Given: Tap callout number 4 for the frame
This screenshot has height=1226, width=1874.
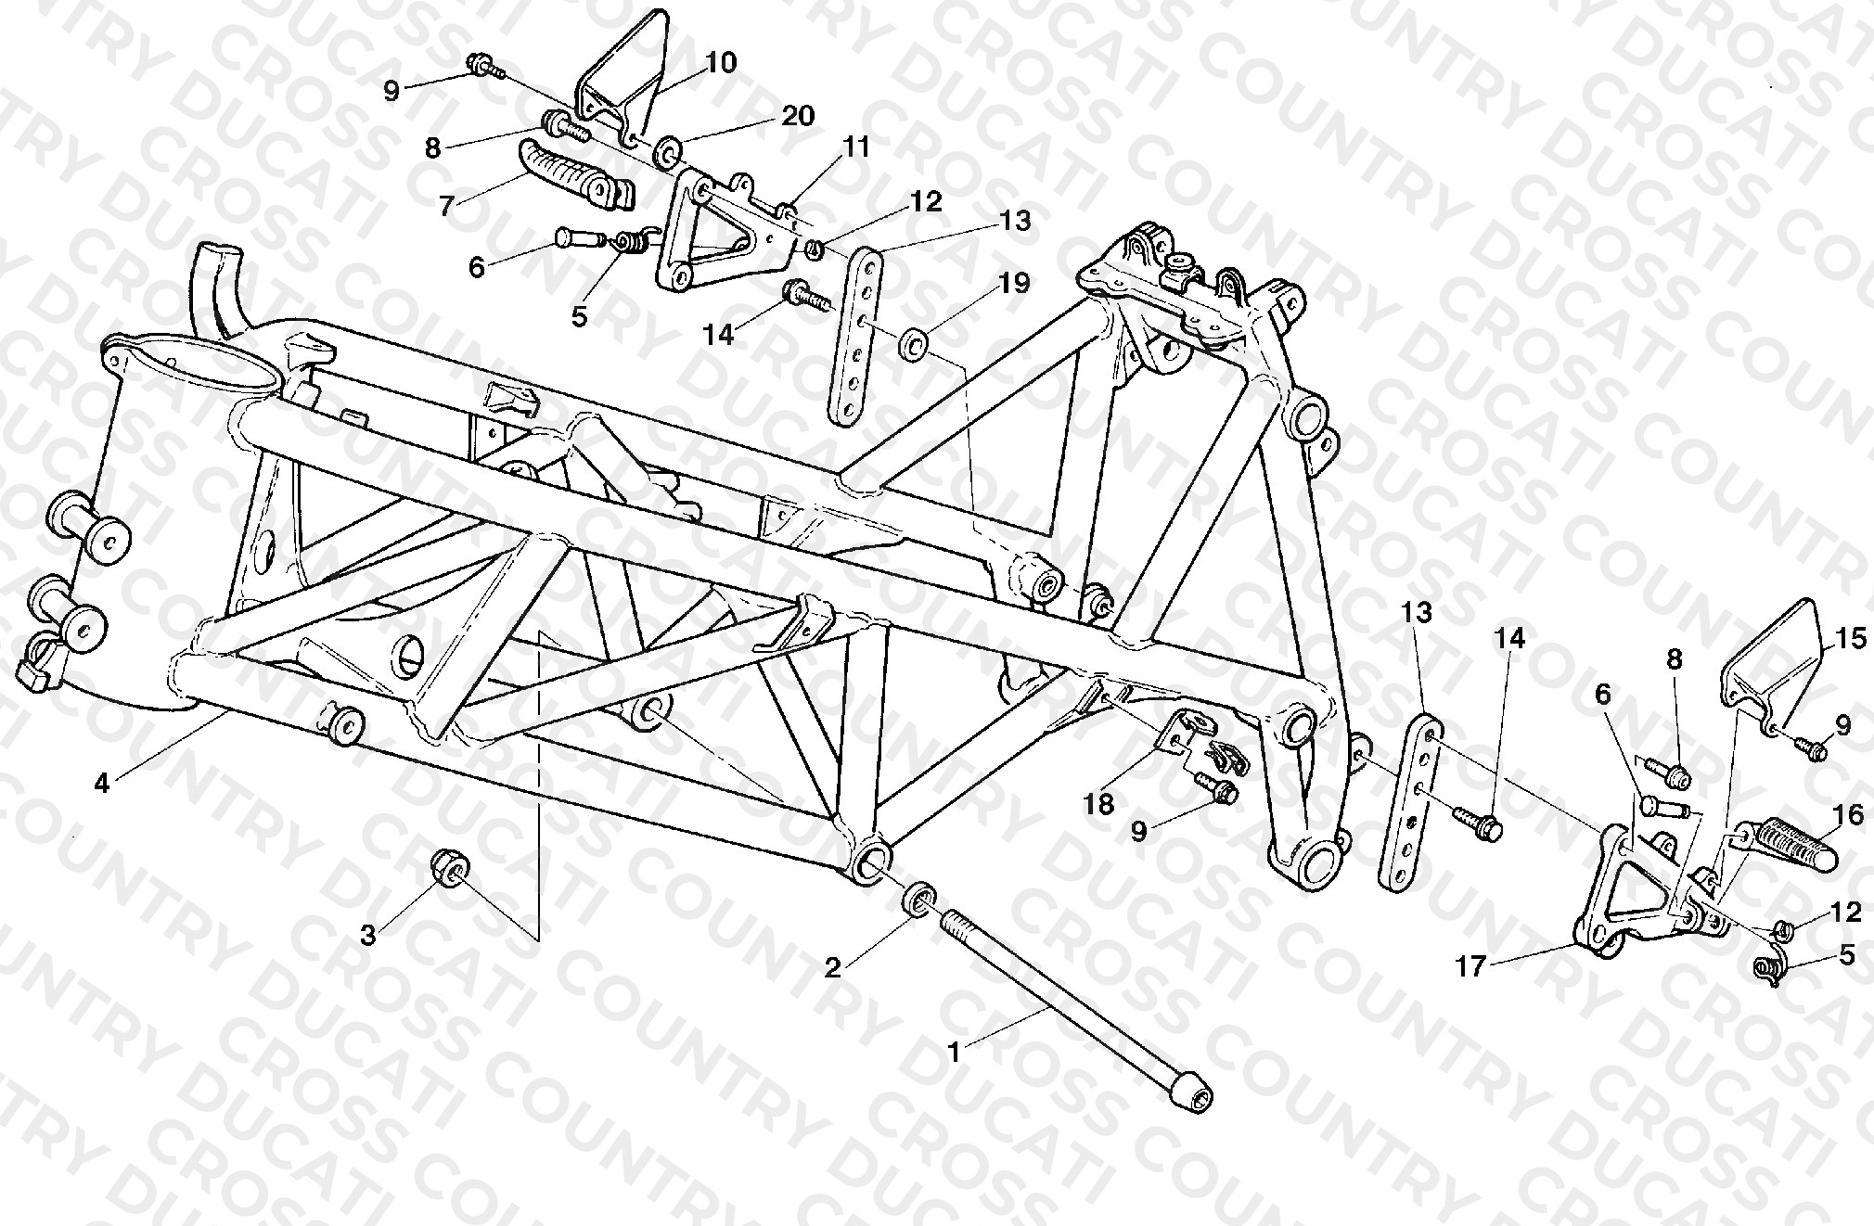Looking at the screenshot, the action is click(x=101, y=784).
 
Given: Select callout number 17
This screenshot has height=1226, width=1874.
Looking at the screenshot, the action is click(x=1471, y=967).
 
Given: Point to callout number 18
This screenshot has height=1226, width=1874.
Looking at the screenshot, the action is click(x=1099, y=803).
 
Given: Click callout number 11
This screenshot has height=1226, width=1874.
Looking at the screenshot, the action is click(x=856, y=147).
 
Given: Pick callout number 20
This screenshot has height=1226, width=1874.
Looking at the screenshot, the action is click(x=798, y=115).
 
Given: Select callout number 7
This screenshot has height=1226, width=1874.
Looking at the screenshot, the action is click(x=447, y=206).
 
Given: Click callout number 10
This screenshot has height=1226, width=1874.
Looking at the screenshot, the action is click(x=721, y=63).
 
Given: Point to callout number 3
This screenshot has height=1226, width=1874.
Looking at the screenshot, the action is click(x=368, y=937).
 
